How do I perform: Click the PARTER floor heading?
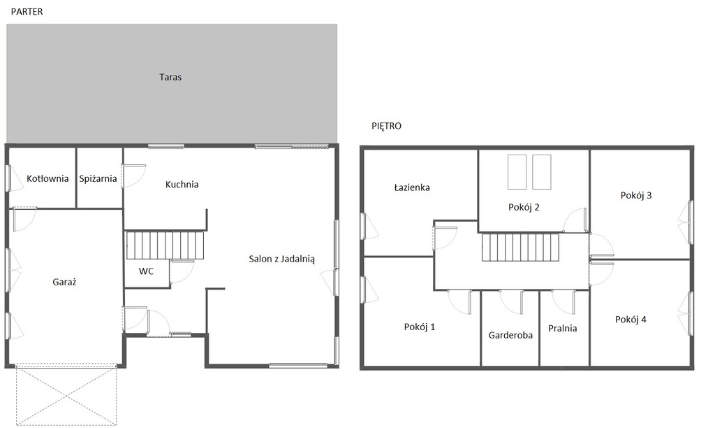[x=27, y=12]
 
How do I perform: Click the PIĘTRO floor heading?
[x=386, y=126]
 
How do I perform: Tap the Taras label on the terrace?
[x=170, y=77]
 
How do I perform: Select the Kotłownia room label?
[x=47, y=178]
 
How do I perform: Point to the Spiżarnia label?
[x=98, y=178]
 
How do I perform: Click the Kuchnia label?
[x=182, y=185]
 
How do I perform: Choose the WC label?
[x=146, y=271]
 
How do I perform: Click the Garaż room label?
[x=64, y=283]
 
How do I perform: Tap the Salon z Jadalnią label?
[x=282, y=259]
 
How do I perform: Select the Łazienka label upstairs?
[x=412, y=187]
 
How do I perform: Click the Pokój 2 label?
[x=524, y=208]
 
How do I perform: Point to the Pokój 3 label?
[x=636, y=196]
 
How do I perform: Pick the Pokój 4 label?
[x=631, y=320]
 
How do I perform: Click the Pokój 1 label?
[x=420, y=327]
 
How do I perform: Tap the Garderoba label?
[x=510, y=335]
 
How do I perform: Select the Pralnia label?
[x=562, y=329]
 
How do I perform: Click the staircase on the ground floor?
[x=165, y=245]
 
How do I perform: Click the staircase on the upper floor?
[x=520, y=248]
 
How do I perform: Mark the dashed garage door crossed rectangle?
[x=66, y=395]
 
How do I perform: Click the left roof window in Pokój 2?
[x=517, y=172]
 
